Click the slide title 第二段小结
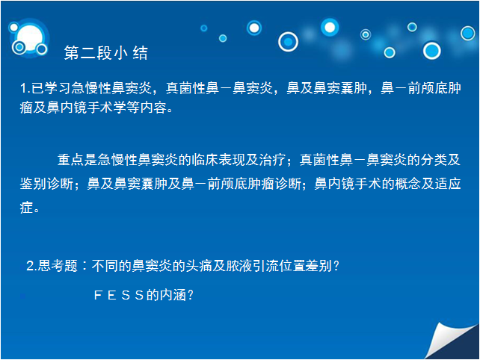106,52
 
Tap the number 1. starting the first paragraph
25,88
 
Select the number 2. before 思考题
31,265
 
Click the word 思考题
58,265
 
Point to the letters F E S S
119,295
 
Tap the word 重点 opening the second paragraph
71,160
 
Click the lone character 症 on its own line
26,208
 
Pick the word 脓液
239,265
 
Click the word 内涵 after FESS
173,295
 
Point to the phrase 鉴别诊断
46,184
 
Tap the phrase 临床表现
218,160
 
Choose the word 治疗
272,160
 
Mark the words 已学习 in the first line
51,88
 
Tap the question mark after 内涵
190,295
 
